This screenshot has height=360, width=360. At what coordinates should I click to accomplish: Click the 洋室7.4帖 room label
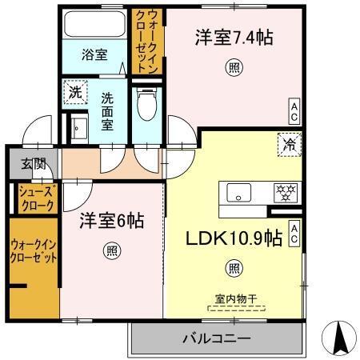pyautogui.click(x=230, y=38)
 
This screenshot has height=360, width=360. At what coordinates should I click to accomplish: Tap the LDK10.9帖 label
pyautogui.click(x=234, y=238)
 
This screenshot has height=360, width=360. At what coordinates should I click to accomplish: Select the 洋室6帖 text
pyautogui.click(x=110, y=222)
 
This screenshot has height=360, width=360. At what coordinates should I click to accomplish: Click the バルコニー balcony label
pyautogui.click(x=217, y=338)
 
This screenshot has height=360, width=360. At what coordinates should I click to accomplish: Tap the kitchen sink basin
pyautogui.click(x=239, y=193)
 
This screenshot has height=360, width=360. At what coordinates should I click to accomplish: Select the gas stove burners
pyautogui.click(x=286, y=192)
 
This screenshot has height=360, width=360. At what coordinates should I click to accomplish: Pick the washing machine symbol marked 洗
pyautogui.click(x=74, y=92)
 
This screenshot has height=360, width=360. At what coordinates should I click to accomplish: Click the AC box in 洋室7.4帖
pyautogui.click(x=294, y=109)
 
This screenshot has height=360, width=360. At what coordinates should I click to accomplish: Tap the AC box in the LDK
pyautogui.click(x=294, y=233)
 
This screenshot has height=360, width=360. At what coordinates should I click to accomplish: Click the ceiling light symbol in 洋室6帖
pyautogui.click(x=110, y=250)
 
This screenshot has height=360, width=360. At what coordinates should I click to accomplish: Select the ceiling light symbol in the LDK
pyautogui.click(x=234, y=267)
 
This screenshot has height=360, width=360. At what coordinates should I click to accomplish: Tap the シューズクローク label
pyautogui.click(x=34, y=198)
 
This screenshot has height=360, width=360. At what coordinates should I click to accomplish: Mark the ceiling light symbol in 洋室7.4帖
pyautogui.click(x=233, y=66)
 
